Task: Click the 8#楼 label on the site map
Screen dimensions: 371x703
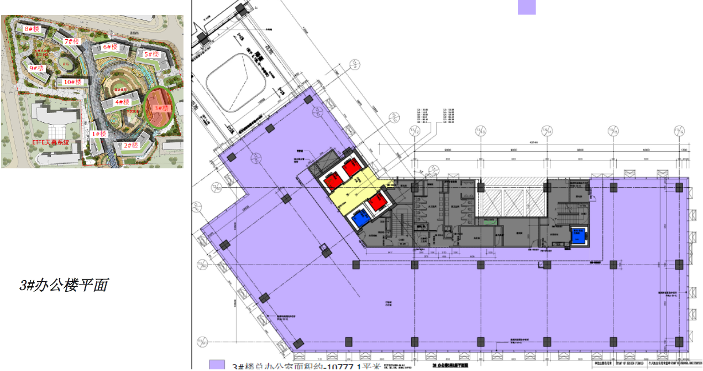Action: [x=31, y=28]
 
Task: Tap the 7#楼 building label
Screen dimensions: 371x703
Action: [x=72, y=42]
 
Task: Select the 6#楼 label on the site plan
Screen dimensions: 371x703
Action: [x=110, y=48]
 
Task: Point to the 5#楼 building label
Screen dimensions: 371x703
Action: [x=151, y=54]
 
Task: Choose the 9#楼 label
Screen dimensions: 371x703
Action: [x=36, y=68]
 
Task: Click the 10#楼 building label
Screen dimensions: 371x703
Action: [x=73, y=82]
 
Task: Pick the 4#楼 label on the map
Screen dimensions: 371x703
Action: [x=122, y=102]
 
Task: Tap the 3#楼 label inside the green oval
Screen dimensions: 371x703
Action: [x=161, y=108]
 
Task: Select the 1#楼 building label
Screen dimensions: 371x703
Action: [x=98, y=133]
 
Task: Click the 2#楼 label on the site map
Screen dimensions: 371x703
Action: [x=130, y=146]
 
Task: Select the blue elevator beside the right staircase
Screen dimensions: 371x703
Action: [x=578, y=237]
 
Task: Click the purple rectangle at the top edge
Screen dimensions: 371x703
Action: [x=526, y=7]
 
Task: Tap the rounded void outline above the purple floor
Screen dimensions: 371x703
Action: [x=237, y=83]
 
